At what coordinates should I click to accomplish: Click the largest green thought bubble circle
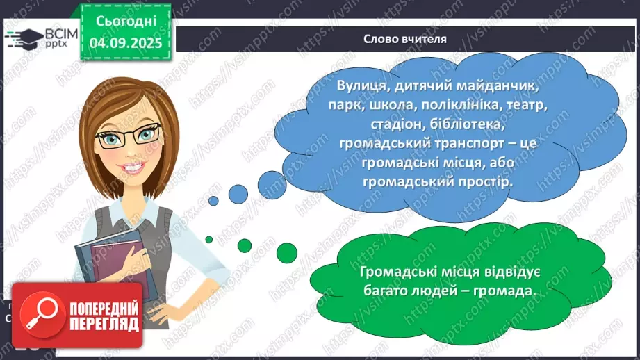click(x=286, y=252)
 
